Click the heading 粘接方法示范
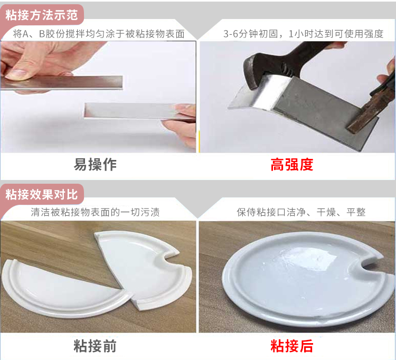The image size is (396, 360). click(x=42, y=15)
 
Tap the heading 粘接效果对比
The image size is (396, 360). click(x=42, y=194)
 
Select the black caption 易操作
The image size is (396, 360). click(x=95, y=165)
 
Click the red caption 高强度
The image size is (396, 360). click(x=291, y=165)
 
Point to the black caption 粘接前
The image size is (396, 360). click(x=95, y=346)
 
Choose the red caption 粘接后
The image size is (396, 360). click(x=291, y=346)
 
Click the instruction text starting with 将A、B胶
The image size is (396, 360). click(x=99, y=34)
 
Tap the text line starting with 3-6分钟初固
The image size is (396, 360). click(x=303, y=34)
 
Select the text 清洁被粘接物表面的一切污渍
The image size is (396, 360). click(x=95, y=212)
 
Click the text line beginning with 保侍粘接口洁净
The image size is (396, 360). click(x=301, y=212)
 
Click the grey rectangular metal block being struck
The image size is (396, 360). click(x=326, y=109)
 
